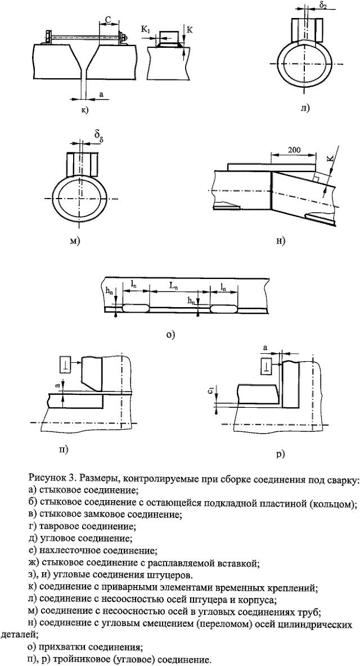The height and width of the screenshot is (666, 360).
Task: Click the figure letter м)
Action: [x=73, y=241]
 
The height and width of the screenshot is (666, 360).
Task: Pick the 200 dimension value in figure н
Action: [x=291, y=151]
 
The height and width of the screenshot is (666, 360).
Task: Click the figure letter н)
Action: [x=281, y=241]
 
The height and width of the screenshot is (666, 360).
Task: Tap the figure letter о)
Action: [x=171, y=334]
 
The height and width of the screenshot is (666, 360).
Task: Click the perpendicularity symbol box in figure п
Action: [x=65, y=365]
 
